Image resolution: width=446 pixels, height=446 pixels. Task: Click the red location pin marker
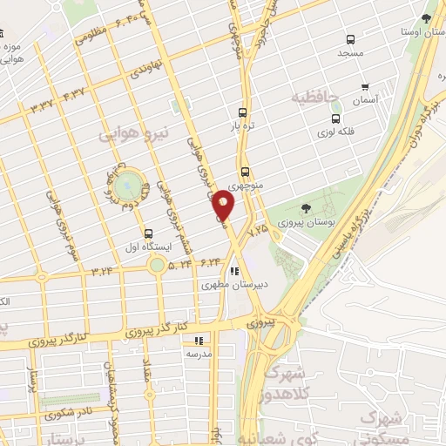(x=225, y=206)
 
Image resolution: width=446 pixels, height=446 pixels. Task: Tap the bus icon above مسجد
(x=350, y=40)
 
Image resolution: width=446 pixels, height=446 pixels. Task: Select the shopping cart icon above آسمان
(x=364, y=87)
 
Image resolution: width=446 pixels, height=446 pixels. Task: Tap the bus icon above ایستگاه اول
(x=148, y=233)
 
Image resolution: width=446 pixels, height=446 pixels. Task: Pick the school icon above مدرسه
(x=199, y=341)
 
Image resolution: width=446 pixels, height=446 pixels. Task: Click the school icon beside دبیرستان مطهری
(x=233, y=271)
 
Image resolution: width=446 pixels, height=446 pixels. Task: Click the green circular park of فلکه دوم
(x=128, y=184)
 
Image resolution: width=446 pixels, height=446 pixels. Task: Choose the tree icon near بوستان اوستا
(x=425, y=18)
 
